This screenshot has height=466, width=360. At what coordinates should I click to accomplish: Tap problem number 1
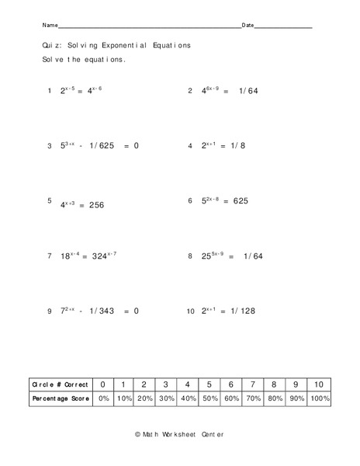pos(49,91)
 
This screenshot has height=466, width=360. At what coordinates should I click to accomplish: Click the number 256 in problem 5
pos(95,205)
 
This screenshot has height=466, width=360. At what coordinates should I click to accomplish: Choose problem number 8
pos(190,256)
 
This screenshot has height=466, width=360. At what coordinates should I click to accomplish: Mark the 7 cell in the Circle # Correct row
pos(255,384)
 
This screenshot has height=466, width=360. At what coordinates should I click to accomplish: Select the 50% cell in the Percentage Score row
pos(210,398)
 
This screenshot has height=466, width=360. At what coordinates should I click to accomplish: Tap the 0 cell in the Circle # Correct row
pos(102,384)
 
